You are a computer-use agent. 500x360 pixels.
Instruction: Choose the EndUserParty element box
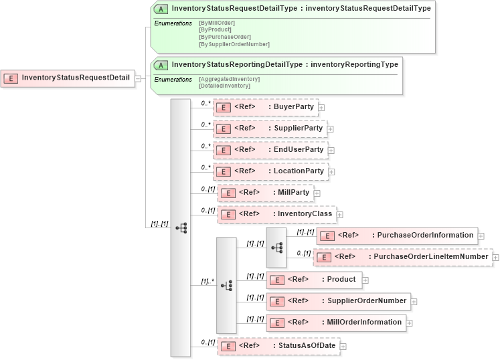pos(270,150)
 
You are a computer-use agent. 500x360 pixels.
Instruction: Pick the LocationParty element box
pos(270,171)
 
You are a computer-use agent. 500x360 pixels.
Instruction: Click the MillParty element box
pos(265,193)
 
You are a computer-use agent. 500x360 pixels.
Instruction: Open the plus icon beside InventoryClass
pos(340,215)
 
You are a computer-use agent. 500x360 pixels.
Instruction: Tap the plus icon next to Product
pos(365,280)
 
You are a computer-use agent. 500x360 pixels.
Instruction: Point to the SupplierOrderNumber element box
pos(338,301)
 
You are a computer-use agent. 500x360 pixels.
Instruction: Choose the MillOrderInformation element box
pos(336,323)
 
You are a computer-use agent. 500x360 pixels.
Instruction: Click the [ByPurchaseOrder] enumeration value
pos(225,37)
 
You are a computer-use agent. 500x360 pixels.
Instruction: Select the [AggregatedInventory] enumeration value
pos(230,79)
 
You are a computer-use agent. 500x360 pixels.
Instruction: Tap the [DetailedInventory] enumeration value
pos(225,86)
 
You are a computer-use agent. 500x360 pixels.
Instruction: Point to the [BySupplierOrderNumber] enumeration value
pos(234,44)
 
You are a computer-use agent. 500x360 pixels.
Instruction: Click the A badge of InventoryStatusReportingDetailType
pos(161,65)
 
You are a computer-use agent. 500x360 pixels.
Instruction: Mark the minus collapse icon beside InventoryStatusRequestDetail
pos(138,78)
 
